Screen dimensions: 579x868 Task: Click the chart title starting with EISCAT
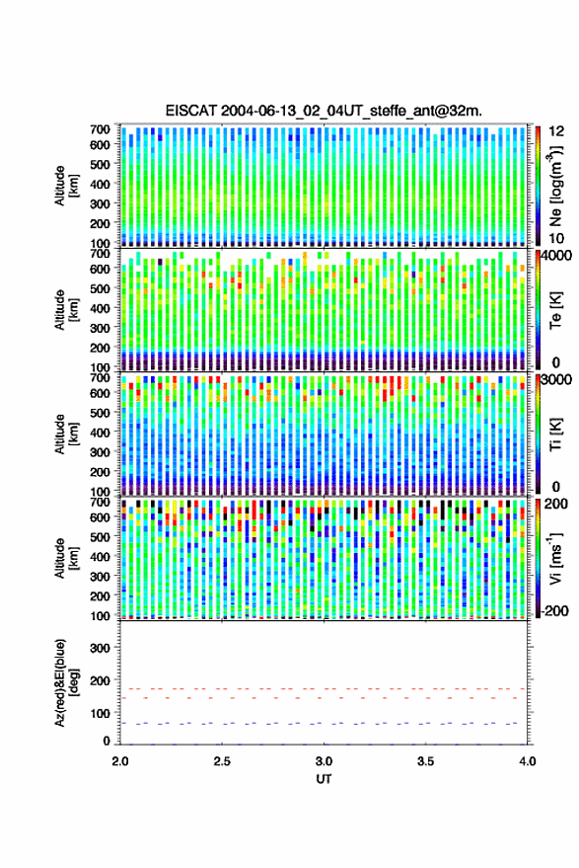(324, 111)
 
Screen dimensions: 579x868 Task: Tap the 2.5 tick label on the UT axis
(222, 761)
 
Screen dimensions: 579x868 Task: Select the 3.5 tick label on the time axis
(425, 761)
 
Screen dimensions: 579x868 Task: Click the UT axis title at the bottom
(324, 779)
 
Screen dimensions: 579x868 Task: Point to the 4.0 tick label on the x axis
(528, 761)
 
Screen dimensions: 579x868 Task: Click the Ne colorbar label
(555, 186)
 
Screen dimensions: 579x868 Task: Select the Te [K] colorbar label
(555, 310)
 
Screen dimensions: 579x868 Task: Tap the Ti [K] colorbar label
(555, 434)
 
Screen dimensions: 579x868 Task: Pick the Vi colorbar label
(555, 558)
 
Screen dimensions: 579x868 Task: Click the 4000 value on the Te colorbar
(556, 256)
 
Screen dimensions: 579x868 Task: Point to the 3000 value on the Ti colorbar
(556, 380)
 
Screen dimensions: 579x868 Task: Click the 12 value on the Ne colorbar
(556, 131)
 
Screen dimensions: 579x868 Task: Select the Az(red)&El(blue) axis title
(67, 683)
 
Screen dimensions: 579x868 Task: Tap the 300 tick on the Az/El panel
(100, 648)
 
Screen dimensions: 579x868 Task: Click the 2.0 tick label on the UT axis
(120, 761)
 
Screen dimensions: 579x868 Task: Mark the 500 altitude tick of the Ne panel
(100, 164)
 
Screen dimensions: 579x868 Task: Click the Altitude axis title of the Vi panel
(66, 558)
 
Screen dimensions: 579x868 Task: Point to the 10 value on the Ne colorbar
(556, 239)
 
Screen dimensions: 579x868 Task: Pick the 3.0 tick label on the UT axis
(324, 761)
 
